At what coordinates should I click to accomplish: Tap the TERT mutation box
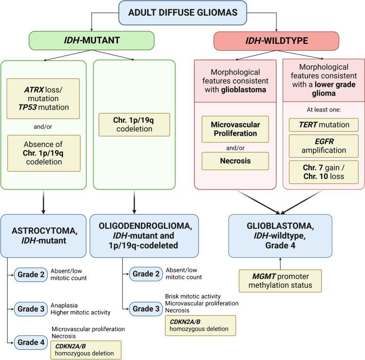pos(323,124)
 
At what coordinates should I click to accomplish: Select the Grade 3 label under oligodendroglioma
pos(145,309)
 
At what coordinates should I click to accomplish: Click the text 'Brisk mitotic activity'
pos(192,296)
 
